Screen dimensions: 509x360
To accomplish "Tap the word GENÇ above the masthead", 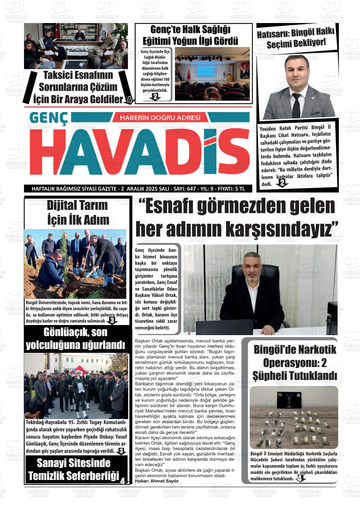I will pos(49,118).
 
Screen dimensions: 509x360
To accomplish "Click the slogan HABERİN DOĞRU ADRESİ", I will pos(160,118).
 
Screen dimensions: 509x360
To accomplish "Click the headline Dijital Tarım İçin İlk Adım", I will pos(77,212).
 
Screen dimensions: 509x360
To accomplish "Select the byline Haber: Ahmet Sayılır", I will pos(157,481).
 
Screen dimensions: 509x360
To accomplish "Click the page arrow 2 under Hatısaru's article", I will pos(282,183).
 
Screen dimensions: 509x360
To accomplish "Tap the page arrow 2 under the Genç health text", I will pos(155,97).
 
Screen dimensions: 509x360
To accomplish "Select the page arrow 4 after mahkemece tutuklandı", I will pos(300,479).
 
